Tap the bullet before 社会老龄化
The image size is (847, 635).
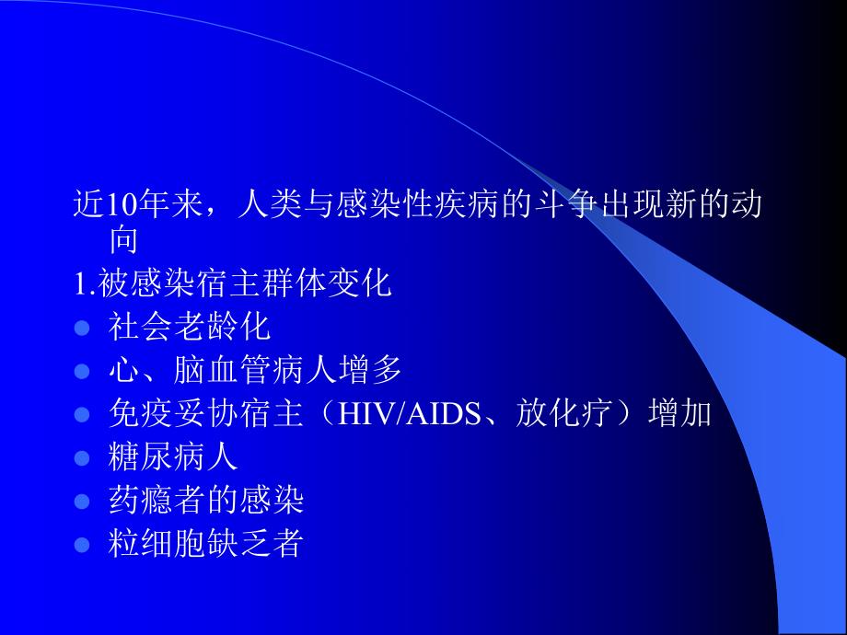(x=82, y=328)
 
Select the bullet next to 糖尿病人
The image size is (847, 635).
(x=82, y=457)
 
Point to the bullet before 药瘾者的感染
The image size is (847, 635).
(x=82, y=502)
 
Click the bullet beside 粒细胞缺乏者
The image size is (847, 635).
(x=82, y=545)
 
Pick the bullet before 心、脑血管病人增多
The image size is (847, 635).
(x=82, y=371)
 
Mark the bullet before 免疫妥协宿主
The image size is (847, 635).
(x=82, y=414)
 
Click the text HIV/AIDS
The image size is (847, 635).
(x=409, y=414)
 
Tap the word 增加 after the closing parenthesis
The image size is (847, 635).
(x=679, y=414)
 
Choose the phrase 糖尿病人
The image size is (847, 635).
(x=173, y=457)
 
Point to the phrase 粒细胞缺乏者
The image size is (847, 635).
(x=205, y=545)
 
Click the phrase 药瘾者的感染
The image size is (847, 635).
(x=205, y=502)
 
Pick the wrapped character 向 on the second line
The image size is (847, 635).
(x=124, y=241)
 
